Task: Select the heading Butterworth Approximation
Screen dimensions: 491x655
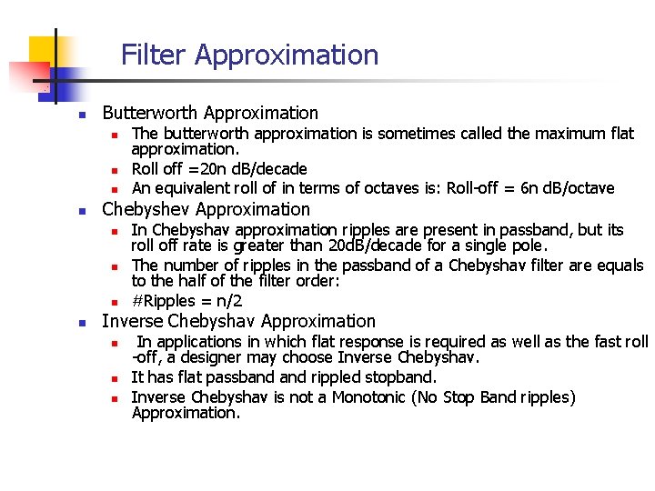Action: [x=210, y=114]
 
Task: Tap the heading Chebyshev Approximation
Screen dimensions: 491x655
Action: [x=207, y=209]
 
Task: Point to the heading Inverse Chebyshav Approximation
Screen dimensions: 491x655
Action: [x=238, y=321]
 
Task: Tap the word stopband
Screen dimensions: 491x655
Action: [x=398, y=377]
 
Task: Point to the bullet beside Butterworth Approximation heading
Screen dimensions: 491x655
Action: [x=81, y=115]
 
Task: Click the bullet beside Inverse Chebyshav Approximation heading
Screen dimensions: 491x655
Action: [x=81, y=323]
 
